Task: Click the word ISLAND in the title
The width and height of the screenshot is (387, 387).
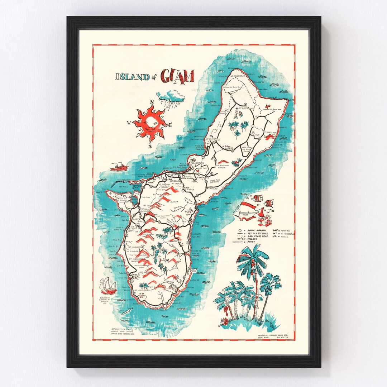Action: tap(132, 76)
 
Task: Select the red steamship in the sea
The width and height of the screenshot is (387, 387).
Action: tap(119, 166)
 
